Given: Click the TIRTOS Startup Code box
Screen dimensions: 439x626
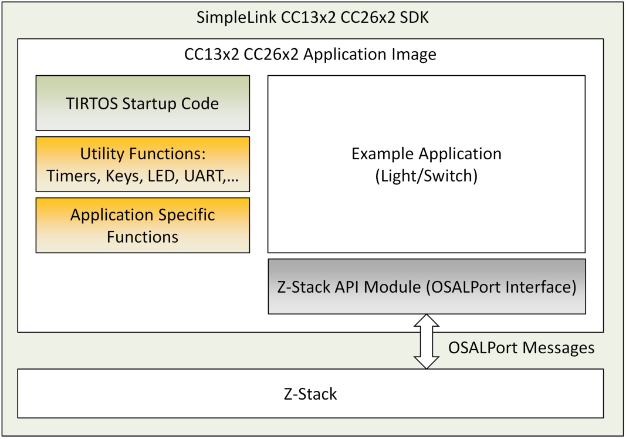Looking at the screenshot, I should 143,103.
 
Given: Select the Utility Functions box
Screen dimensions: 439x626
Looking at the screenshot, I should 143,164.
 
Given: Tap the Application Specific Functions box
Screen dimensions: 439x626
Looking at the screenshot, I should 143,226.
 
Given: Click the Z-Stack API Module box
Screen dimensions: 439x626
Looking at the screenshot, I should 427,287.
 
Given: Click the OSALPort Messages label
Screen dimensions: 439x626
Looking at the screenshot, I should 521,348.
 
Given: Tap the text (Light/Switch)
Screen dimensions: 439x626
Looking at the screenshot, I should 427,176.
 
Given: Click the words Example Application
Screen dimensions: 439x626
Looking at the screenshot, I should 427,154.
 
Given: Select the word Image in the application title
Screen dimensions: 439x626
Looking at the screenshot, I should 415,55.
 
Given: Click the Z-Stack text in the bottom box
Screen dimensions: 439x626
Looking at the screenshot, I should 310,394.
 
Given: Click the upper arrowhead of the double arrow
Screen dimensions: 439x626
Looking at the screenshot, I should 427,321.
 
